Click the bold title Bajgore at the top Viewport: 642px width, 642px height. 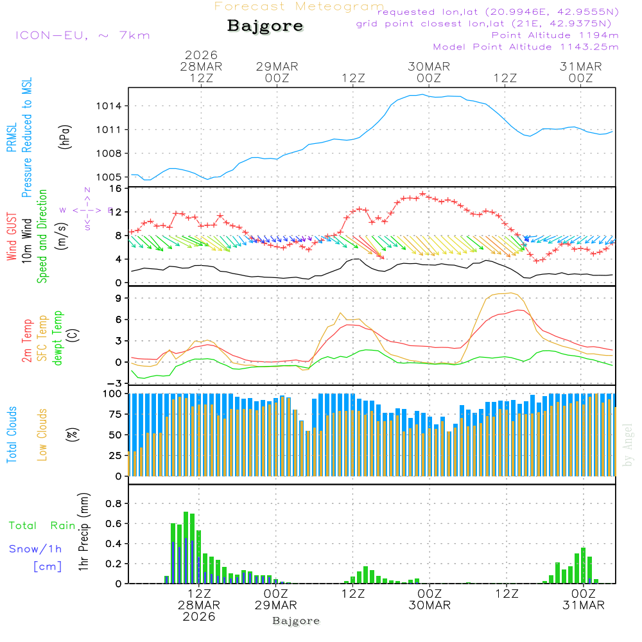point(265,26)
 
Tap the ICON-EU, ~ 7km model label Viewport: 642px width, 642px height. point(82,35)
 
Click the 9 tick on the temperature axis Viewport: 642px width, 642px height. point(119,298)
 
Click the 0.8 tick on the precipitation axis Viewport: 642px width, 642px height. point(114,504)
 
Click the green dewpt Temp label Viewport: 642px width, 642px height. point(58,338)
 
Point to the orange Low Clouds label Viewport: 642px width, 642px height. point(42,433)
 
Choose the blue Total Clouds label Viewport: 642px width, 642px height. point(12,435)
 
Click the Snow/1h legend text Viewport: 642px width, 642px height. point(36,550)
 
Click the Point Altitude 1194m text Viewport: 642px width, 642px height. point(555,35)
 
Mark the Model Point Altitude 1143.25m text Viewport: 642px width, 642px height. point(526,47)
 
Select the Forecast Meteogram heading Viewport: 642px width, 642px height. point(299,6)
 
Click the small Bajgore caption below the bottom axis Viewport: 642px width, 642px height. point(296,621)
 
